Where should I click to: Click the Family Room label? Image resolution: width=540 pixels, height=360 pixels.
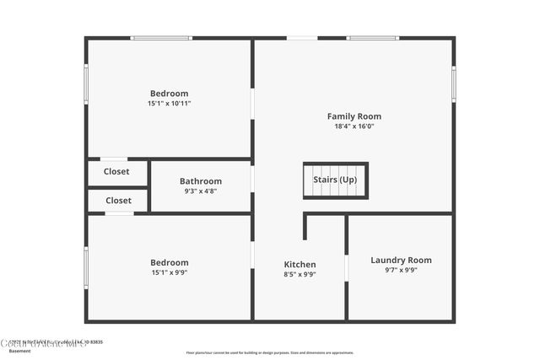pos(354,116)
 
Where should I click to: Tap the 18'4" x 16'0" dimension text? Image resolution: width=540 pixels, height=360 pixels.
pos(354,126)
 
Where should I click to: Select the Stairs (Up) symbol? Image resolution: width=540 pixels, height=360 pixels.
pos(335,180)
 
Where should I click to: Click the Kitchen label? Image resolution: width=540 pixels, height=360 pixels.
pos(300,265)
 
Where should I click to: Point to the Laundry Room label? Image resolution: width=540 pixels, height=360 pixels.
pos(401,261)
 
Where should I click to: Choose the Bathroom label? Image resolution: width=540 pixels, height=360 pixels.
pos(201,181)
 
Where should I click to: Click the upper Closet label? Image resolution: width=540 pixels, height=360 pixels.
pos(116,172)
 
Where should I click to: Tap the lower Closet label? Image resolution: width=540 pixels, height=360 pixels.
pos(118,201)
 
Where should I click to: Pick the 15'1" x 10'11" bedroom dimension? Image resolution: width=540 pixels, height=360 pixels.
pos(169,104)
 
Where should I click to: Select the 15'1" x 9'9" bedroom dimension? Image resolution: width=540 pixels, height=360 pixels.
pos(169,272)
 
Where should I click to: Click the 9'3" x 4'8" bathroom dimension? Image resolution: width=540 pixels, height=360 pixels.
pos(201,191)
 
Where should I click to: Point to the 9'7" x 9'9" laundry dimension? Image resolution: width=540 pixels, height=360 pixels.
pos(401,271)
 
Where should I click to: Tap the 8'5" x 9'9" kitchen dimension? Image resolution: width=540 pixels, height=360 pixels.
pos(300,274)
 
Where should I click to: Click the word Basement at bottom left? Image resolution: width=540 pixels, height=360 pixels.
pos(19,351)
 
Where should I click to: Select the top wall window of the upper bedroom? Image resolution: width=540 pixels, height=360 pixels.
pos(160,38)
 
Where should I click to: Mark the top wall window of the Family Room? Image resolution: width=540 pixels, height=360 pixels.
pos(374,38)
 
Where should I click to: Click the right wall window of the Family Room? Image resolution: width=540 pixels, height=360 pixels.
pos(453,84)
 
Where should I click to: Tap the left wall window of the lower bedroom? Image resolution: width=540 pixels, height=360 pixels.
pos(86,267)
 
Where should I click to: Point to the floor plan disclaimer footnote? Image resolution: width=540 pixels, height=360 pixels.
pos(270,352)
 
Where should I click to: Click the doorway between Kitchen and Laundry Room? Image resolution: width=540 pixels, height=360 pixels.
pos(346,267)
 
